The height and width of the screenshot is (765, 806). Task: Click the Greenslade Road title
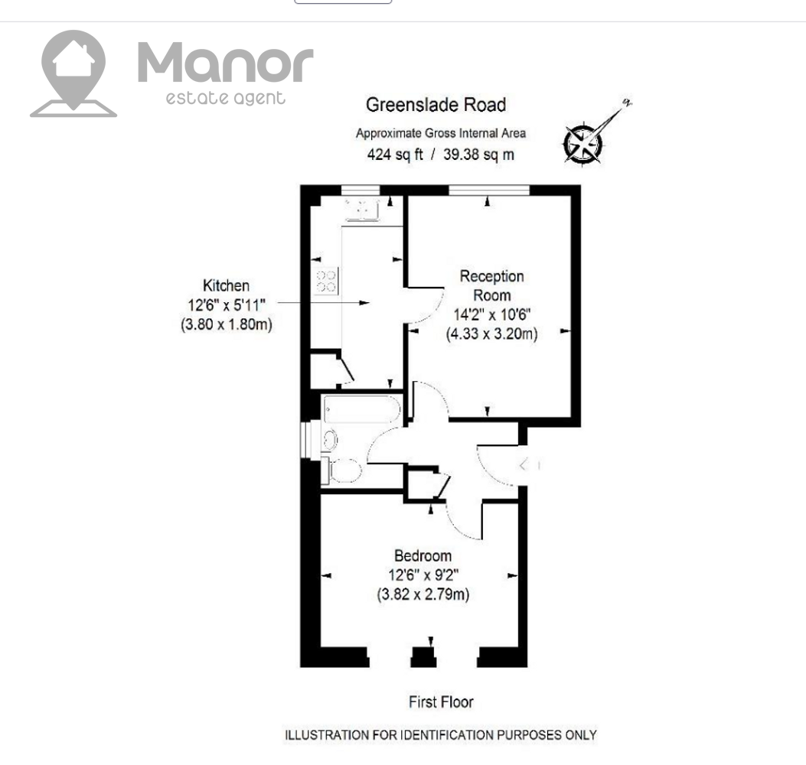[x=436, y=105]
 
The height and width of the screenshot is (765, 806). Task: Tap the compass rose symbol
[x=583, y=143]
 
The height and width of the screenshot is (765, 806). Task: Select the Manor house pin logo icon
[x=73, y=73]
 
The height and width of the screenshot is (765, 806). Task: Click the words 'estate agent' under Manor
[x=225, y=98]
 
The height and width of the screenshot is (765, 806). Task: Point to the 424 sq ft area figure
[x=395, y=154]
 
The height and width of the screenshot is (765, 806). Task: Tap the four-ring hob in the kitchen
[x=326, y=281]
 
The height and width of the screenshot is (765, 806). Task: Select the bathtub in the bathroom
[x=362, y=409]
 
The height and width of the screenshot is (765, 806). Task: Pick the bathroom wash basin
[x=330, y=441]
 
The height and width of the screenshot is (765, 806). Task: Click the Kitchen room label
[x=226, y=285]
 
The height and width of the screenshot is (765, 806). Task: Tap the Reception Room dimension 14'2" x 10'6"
[x=492, y=314]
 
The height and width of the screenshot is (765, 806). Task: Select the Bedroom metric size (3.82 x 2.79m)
[x=423, y=594]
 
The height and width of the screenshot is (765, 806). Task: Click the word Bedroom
[x=423, y=555]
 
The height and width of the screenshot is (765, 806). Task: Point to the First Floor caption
[x=441, y=702]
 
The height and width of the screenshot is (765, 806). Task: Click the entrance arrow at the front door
[x=524, y=465]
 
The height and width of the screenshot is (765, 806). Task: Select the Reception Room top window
[x=489, y=190]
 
